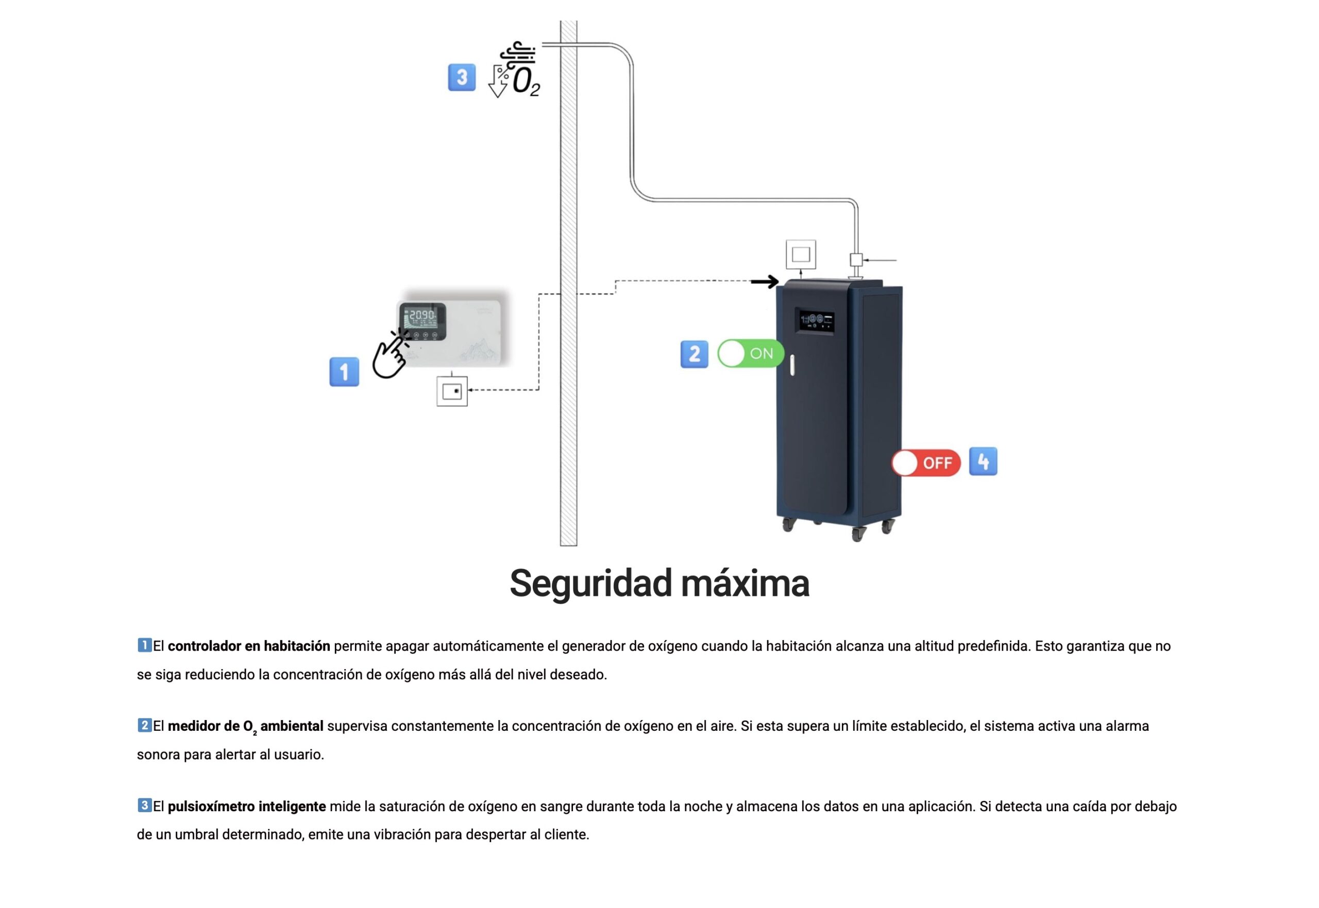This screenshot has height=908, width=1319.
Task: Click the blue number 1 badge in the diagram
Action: click(344, 371)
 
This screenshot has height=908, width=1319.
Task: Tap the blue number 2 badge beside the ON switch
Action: click(694, 354)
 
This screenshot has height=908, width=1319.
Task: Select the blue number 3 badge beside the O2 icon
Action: click(462, 77)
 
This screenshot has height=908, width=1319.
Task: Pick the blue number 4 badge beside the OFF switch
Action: click(983, 461)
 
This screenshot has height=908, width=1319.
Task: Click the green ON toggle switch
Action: click(751, 353)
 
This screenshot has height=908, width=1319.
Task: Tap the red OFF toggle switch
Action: click(926, 462)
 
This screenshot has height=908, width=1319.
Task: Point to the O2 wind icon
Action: click(514, 70)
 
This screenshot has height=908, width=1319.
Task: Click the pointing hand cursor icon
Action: click(391, 354)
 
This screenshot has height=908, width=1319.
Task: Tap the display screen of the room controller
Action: click(422, 321)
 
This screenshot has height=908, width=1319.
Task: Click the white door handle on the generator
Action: click(792, 364)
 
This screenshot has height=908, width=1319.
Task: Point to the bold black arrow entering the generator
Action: click(765, 281)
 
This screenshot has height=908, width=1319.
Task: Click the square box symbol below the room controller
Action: click(452, 391)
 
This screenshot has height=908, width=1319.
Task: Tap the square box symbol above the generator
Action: click(801, 254)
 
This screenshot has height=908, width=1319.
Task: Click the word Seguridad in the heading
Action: click(590, 583)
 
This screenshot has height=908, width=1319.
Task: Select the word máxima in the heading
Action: click(745, 583)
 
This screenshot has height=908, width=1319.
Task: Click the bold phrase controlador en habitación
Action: click(249, 646)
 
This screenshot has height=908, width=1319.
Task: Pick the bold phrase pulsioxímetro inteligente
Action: click(247, 806)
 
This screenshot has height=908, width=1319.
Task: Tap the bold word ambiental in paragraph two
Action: click(292, 726)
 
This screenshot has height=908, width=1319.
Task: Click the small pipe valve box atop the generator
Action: click(856, 260)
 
